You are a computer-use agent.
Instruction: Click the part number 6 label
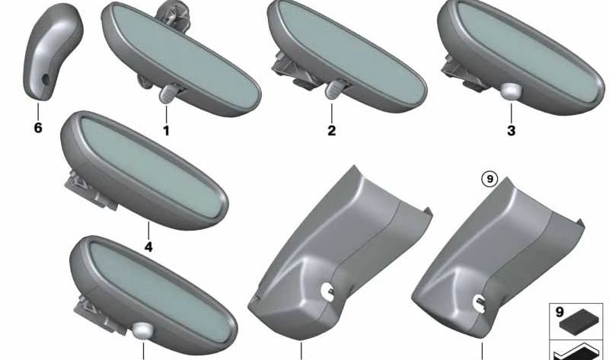point(37,127)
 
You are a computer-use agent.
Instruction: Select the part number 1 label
point(166,130)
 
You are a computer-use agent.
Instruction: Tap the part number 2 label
point(331,130)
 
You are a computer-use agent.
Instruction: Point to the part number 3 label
point(511,130)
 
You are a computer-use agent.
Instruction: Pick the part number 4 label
point(148,247)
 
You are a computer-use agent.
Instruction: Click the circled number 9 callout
point(489,179)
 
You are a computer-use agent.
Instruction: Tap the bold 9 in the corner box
point(560,312)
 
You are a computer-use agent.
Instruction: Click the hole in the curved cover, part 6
point(46,79)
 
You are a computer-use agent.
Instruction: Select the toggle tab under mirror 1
point(167,94)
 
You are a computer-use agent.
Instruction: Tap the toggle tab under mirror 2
point(333,88)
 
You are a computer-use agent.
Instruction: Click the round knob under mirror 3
point(510,91)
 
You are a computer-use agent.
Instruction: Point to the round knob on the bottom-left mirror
point(142,330)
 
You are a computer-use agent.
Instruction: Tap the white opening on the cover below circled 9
point(479,303)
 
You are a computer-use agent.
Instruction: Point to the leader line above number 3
point(511,113)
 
